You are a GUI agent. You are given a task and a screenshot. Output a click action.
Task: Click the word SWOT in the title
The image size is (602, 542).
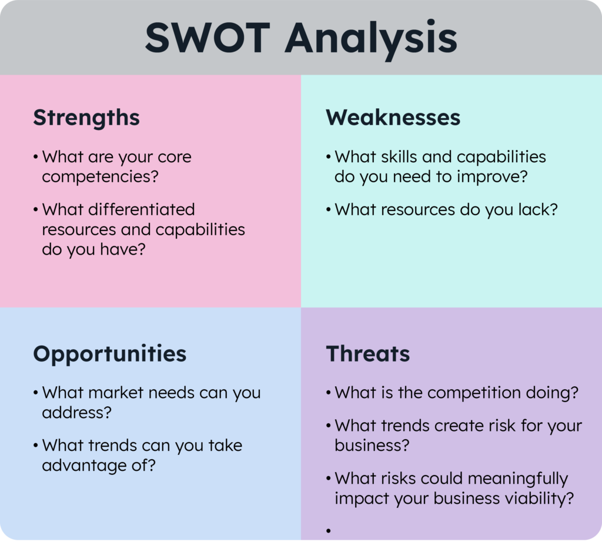[x=208, y=38]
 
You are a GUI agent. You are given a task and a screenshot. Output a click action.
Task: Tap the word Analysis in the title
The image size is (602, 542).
[x=372, y=40]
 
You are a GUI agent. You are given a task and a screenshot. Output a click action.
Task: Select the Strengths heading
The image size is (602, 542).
[x=86, y=118]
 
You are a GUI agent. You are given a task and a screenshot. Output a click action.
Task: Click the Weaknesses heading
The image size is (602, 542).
[x=393, y=118]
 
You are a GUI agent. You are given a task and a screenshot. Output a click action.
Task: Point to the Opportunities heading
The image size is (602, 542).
[x=110, y=354]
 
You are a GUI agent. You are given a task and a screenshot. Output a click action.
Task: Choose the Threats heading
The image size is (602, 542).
[x=368, y=353]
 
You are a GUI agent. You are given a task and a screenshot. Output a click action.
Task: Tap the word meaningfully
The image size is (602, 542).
[x=517, y=479]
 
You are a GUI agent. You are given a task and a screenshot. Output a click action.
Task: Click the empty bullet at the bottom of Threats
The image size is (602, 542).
[x=328, y=531]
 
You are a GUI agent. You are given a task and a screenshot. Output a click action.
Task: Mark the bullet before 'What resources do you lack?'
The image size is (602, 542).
[x=328, y=210]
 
